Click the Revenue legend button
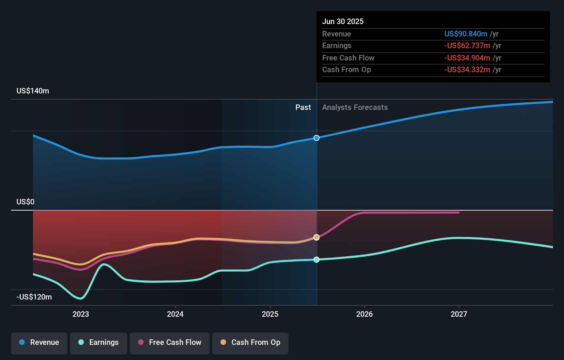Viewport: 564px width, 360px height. (x=39, y=342)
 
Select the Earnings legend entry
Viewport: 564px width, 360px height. (x=99, y=342)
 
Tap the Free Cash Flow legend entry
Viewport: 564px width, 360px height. (x=170, y=342)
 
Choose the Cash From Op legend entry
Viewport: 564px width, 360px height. (x=250, y=342)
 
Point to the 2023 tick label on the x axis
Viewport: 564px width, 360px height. (x=81, y=314)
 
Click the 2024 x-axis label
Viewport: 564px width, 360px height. (x=175, y=314)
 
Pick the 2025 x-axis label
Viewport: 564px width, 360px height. (x=270, y=314)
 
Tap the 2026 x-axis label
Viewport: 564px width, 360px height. (x=364, y=314)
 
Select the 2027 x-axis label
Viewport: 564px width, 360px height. (x=459, y=314)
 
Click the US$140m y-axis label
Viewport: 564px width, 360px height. (x=33, y=91)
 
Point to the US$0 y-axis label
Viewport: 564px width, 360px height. (x=25, y=202)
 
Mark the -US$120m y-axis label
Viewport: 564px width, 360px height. (x=34, y=297)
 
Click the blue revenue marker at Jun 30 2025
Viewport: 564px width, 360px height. (x=317, y=138)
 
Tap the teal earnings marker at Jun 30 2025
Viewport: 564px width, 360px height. (x=317, y=259)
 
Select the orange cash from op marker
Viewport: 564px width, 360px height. (x=317, y=237)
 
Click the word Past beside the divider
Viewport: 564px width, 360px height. (x=303, y=108)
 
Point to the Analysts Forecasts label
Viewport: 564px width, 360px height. (x=355, y=108)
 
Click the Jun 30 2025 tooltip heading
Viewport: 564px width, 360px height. (x=343, y=21)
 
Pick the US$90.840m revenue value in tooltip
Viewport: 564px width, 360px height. (x=466, y=34)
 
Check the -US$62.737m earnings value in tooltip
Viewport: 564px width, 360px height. (x=467, y=46)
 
